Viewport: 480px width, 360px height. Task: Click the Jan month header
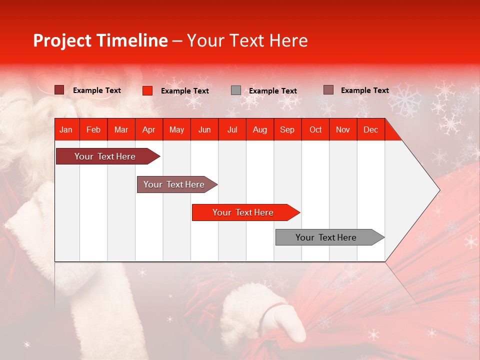(x=66, y=129)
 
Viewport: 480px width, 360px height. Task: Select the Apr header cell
(x=149, y=129)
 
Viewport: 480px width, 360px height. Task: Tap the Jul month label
(x=232, y=129)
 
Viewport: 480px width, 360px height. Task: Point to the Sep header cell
(x=287, y=129)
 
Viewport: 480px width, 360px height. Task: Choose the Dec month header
(x=370, y=129)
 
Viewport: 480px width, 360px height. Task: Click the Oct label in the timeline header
(x=315, y=129)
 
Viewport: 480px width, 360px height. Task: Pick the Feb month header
(x=93, y=129)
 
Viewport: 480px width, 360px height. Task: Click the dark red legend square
(x=59, y=90)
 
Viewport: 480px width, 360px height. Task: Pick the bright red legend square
(x=147, y=90)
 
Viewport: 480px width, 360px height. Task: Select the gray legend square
(x=236, y=90)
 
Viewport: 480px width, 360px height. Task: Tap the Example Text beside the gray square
(x=273, y=91)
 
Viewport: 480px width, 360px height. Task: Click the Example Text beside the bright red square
(x=185, y=91)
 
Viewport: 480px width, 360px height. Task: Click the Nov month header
(x=343, y=129)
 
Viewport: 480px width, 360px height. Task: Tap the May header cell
(x=176, y=129)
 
